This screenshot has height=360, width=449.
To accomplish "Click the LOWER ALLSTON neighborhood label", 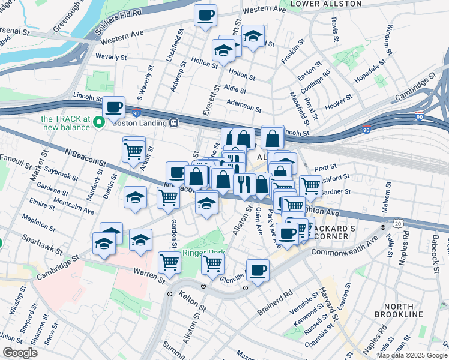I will coord(318,4).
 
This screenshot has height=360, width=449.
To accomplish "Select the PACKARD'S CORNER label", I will coord(350,232).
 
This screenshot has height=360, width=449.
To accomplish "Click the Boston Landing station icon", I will coord(174,122).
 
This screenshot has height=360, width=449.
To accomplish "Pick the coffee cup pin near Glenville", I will coord(258,270).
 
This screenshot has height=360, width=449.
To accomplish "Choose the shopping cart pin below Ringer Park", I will coord(212,263).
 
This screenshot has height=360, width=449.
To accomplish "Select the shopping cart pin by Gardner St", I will coord(310,187).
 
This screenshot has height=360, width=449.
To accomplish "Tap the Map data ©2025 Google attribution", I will coord(411,355).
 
